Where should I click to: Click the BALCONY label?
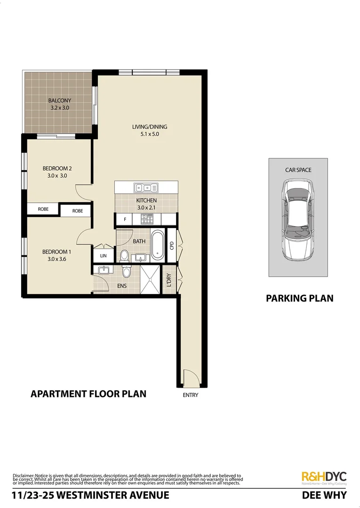click(59, 100)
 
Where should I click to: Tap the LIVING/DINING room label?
click(150, 127)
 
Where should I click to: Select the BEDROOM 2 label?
click(57, 168)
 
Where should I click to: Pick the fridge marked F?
click(125, 219)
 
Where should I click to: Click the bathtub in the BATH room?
click(157, 245)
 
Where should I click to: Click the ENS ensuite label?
click(122, 286)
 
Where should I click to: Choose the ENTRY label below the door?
click(191, 395)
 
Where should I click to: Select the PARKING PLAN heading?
click(299, 298)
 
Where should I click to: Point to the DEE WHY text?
click(324, 495)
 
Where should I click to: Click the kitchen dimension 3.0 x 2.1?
click(146, 207)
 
